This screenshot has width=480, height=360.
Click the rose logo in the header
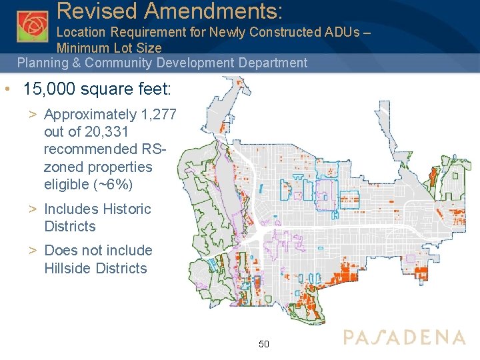(x=33, y=26)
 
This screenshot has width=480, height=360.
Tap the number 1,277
(x=157, y=115)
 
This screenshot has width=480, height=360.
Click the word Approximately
(x=90, y=115)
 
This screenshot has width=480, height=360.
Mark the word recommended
(x=89, y=149)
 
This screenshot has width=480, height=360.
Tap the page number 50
(x=263, y=344)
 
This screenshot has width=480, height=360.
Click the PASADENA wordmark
(x=404, y=337)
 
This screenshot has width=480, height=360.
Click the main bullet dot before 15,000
(x=6, y=89)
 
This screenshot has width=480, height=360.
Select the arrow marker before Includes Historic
(x=32, y=209)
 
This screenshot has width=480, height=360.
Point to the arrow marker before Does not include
(x=32, y=251)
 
